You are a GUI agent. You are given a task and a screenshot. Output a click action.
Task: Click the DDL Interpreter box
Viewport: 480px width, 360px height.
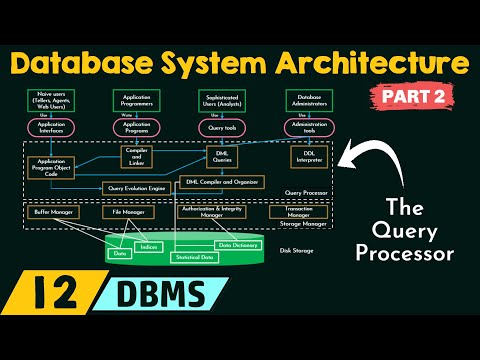click(308, 157)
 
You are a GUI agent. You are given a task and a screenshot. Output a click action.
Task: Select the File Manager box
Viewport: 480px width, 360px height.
click(128, 212)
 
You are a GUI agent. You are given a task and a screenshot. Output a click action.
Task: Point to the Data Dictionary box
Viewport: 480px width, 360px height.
click(239, 245)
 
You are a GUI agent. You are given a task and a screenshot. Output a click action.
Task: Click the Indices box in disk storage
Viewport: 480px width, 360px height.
click(147, 246)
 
